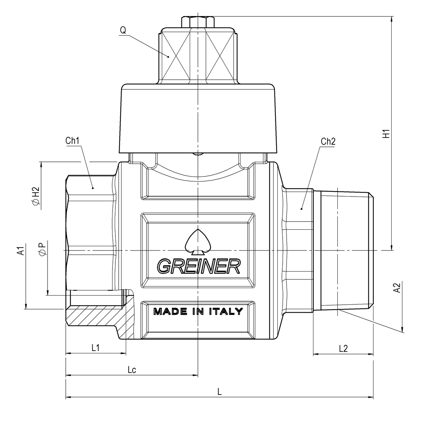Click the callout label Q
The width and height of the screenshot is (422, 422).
pyautogui.click(x=123, y=30)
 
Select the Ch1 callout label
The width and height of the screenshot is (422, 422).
pyautogui.click(x=72, y=141)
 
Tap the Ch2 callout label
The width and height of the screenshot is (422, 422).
pyautogui.click(x=328, y=142)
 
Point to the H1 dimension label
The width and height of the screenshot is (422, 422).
pyautogui.click(x=386, y=134)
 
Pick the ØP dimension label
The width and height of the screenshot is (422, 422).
pyautogui.click(x=42, y=249)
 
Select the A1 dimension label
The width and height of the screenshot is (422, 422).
pyautogui.click(x=21, y=250)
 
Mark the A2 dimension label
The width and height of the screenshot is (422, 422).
pyautogui.click(x=396, y=288)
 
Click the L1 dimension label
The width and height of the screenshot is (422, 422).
pyautogui.click(x=95, y=348)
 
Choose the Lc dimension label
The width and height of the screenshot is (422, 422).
pyautogui.click(x=132, y=370)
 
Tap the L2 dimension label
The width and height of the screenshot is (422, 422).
pyautogui.click(x=343, y=348)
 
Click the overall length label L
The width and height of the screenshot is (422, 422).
pyautogui.click(x=220, y=392)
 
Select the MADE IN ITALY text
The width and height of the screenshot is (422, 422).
pyautogui.click(x=198, y=311)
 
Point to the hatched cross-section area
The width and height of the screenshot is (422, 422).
pyautogui.click(x=96, y=316)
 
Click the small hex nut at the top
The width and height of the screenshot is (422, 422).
pyautogui.click(x=198, y=22)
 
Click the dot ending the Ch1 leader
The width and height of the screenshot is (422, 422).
pyautogui.click(x=93, y=188)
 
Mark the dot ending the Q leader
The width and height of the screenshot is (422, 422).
pyautogui.click(x=169, y=56)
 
